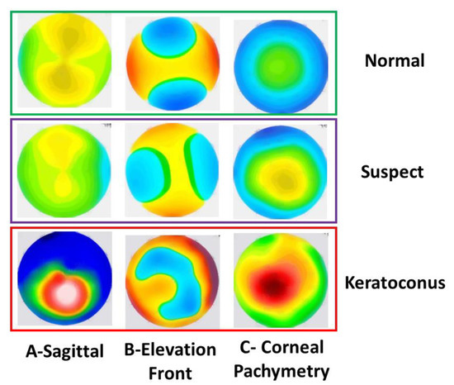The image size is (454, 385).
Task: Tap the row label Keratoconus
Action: [397, 283]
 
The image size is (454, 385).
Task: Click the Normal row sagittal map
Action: [62, 62]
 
